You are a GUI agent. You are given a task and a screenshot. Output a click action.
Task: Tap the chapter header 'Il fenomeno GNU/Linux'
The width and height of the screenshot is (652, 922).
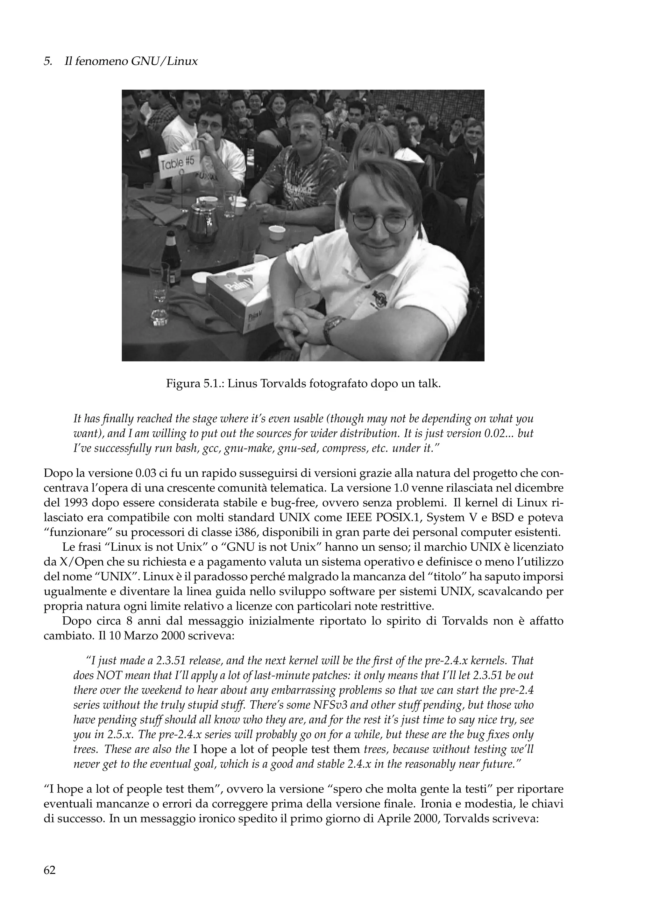[x=131, y=61]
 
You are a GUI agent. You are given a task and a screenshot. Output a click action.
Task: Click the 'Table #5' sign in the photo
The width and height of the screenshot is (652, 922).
[x=178, y=164]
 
